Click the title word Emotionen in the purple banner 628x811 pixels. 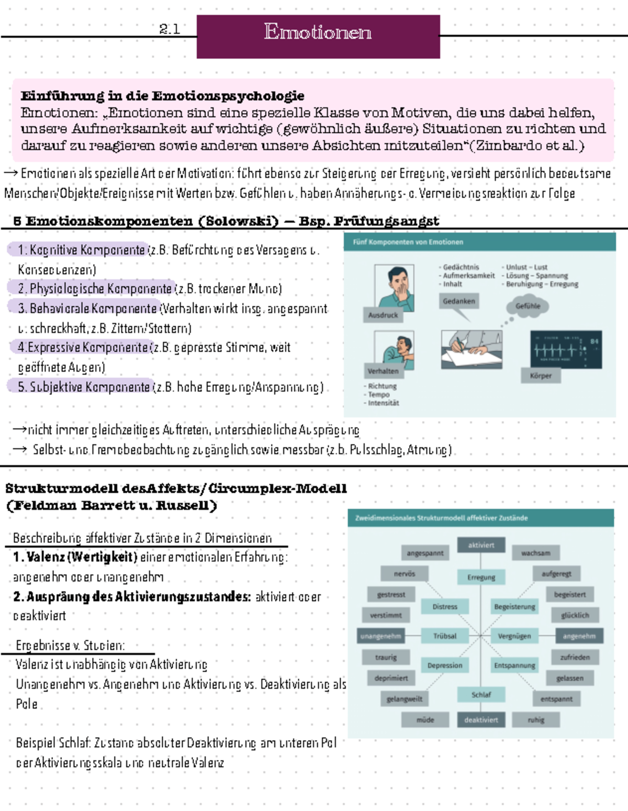tap(318, 32)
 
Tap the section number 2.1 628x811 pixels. tap(170, 29)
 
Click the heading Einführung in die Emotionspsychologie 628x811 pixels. tap(162, 96)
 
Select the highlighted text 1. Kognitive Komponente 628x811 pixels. tap(81, 250)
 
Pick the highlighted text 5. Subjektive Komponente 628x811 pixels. tap(83, 387)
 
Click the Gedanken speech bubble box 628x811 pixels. tap(459, 301)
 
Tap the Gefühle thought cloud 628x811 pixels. tap(528, 306)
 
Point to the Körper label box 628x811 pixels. tap(541, 375)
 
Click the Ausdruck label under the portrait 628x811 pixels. tap(383, 315)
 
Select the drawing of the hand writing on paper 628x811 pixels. tap(472, 349)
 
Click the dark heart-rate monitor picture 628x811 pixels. tap(566, 349)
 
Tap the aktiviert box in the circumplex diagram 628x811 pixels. tap(481, 545)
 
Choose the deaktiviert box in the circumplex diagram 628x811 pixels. tap(481, 720)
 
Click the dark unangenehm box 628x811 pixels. tap(380, 636)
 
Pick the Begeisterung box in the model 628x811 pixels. tap(514, 607)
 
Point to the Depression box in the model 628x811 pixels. tap(445, 665)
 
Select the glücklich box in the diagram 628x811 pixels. tap(575, 615)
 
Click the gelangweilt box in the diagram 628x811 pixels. tap(404, 699)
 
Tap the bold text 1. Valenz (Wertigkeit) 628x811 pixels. tap(75, 557)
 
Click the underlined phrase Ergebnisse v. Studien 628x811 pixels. tap(70, 646)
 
